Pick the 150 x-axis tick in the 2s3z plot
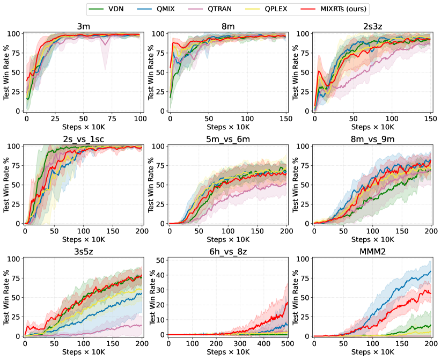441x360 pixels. [x=429, y=117]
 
